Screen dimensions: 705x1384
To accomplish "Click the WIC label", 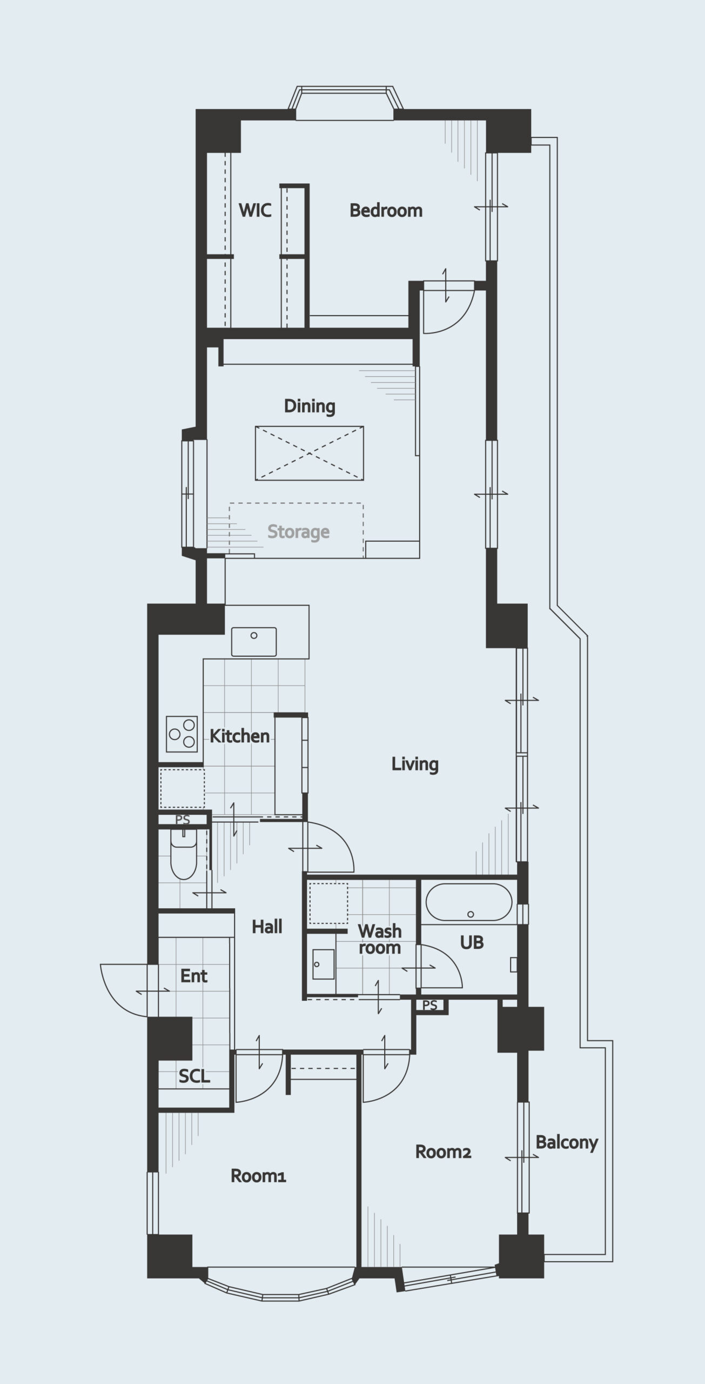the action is [255, 210].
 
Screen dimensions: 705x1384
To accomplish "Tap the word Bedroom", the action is [386, 210].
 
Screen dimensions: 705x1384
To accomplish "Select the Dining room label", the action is [310, 406].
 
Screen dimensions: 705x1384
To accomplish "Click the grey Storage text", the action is [298, 532].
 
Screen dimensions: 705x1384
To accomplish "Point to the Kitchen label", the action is [239, 736].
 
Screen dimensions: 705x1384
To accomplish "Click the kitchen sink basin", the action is [254, 642].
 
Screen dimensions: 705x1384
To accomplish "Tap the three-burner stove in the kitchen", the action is [182, 734].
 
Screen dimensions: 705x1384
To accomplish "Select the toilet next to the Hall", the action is [184, 854].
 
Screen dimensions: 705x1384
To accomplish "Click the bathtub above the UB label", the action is [469, 902].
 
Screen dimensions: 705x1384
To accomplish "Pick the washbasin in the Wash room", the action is [324, 964].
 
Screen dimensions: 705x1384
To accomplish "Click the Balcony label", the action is [567, 1142].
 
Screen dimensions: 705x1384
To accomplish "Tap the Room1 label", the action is [258, 1175].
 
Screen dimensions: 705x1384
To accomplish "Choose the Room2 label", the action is [443, 1152].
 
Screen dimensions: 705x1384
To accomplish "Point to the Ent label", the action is [194, 976].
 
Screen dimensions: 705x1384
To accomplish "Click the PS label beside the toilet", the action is [183, 820].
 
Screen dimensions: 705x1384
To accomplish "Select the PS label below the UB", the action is [430, 1005].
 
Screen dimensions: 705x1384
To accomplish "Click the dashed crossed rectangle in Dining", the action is [310, 453].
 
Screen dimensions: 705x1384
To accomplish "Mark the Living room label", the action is [415, 764].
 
